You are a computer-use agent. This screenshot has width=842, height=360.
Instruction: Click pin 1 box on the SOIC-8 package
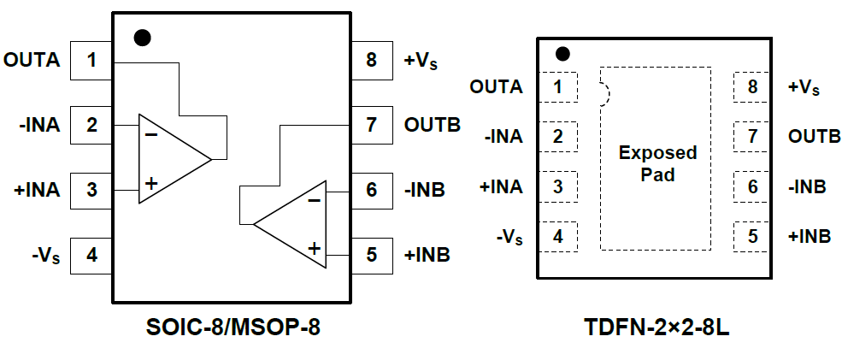coord(91,61)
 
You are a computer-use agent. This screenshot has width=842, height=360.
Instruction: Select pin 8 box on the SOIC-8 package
coord(371,61)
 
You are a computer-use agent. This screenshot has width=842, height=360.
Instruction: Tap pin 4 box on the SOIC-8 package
coord(91,254)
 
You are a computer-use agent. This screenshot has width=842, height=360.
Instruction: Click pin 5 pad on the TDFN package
coord(752,236)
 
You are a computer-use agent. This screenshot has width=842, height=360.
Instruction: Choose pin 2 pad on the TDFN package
coord(559,136)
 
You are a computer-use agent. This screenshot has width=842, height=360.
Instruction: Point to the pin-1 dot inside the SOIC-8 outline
coord(143,38)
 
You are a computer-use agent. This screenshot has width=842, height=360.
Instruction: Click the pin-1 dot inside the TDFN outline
coord(562,54)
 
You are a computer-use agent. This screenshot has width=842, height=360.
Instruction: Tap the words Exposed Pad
coord(657,163)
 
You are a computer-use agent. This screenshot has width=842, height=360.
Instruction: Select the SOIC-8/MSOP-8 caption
coord(232,327)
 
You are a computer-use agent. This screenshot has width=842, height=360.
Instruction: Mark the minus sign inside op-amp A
coord(150,133)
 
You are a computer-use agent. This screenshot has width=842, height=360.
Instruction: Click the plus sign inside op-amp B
coord(314,248)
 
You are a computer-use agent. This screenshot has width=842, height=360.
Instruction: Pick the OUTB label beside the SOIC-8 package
coord(433,125)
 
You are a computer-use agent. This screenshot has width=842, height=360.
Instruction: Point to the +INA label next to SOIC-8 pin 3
coord(36,190)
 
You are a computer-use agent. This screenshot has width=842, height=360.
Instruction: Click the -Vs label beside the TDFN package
coord(508,237)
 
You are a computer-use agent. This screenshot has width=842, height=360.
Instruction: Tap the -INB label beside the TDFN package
coord(809,186)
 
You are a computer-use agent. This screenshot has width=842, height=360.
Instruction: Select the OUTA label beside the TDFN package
coord(497,86)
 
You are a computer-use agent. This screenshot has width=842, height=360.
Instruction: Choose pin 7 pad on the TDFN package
coord(752,136)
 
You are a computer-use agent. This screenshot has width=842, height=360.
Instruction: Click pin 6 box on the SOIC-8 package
coord(371,190)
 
